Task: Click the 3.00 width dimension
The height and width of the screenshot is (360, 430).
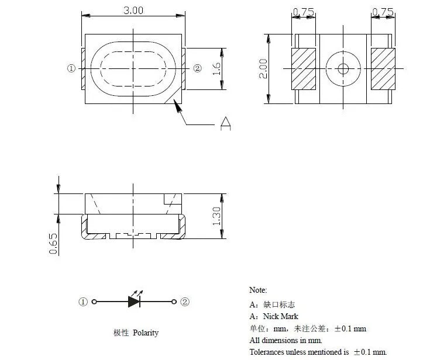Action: [x=133, y=11]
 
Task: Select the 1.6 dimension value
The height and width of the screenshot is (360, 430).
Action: [x=216, y=69]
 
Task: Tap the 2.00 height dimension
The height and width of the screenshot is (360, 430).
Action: [x=263, y=69]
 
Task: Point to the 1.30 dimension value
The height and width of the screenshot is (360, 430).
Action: [x=216, y=216]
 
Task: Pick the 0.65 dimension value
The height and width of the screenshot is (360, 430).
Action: [x=53, y=244]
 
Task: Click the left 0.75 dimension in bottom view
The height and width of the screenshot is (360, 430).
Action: [x=303, y=12]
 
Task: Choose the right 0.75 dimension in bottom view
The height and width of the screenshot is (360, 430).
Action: [x=383, y=12]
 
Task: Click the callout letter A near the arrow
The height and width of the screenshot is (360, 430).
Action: [x=225, y=123]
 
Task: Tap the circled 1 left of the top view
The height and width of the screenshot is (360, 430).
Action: [x=71, y=68]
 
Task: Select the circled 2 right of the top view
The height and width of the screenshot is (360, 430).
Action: [x=198, y=68]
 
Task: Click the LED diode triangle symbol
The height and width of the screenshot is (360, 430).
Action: [x=134, y=302]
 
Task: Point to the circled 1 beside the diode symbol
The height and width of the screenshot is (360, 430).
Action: [x=83, y=302]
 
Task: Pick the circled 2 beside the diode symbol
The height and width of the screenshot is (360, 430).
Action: [x=185, y=302]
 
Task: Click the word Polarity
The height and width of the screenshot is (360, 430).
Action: [x=146, y=333]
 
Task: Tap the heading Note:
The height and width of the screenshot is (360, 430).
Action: [x=258, y=290]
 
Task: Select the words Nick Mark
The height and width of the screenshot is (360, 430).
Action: [x=281, y=316]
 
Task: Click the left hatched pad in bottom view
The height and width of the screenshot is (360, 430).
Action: [x=304, y=69]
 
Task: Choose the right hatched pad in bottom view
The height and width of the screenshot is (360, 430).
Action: [x=383, y=69]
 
